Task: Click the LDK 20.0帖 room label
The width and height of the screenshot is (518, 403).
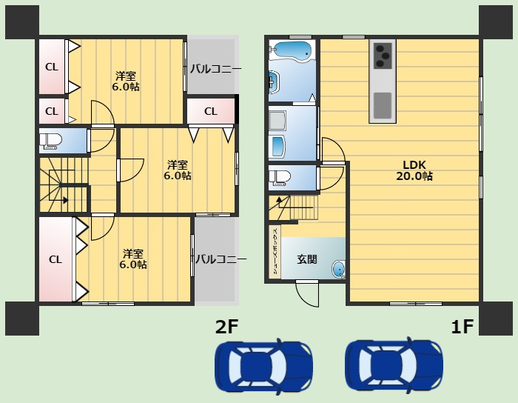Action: tap(414, 170)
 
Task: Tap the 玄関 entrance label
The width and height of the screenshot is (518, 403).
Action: tap(307, 259)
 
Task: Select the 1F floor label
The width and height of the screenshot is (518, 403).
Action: tap(462, 327)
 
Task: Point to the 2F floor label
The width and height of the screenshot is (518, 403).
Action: tap(226, 327)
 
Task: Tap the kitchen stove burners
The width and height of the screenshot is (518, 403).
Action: tap(383, 56)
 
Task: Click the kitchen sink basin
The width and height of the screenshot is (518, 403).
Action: tap(383, 104)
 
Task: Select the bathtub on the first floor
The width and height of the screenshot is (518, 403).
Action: tap(290, 50)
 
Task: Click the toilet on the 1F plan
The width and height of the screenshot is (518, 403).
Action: tap(280, 177)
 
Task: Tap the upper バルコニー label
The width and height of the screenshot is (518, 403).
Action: tap(215, 69)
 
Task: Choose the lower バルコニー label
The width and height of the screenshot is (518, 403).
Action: tap(221, 259)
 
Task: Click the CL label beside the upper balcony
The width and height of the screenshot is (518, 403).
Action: tap(211, 111)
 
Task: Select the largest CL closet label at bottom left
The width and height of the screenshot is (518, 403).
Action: tap(55, 259)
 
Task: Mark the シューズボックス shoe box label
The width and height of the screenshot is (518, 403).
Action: tap(275, 252)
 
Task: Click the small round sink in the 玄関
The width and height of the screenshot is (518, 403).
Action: tap(338, 268)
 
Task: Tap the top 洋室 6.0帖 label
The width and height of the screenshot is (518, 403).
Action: tap(126, 81)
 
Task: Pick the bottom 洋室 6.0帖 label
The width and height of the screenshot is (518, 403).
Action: tap(133, 259)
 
